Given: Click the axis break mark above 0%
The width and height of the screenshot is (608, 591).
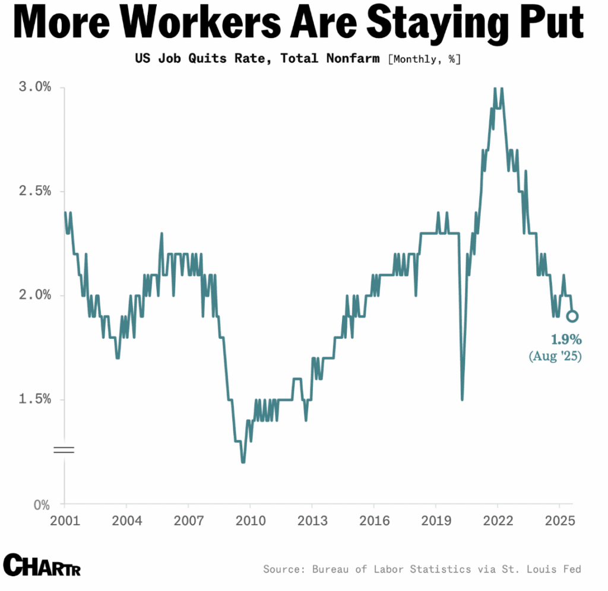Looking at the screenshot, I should pos(64,449).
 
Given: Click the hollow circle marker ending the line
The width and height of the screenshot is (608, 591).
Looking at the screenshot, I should pos(572,316).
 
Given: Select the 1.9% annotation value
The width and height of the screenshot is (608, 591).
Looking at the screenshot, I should pos(566,340).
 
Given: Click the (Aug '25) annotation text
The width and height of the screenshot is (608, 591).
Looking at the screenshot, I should pos(555,356).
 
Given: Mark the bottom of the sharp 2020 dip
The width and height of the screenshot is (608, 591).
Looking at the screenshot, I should pos(462,399).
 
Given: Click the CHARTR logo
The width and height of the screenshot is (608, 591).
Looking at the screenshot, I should pos(42,564).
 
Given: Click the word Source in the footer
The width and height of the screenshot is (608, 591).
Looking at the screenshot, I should pos(283,569).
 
